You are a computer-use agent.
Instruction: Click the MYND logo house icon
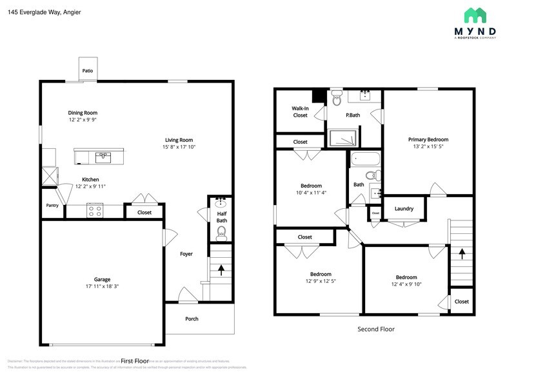pos(476,15)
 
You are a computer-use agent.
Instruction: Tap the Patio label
pos(87,71)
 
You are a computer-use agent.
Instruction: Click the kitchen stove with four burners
pos(95,209)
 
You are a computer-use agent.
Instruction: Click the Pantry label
pos(52,206)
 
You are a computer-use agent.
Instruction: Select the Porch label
pos(192,318)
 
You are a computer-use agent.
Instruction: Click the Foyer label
pos(186,254)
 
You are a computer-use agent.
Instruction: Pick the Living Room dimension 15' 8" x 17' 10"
pos(179,147)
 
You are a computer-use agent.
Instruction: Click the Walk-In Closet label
pos(300,112)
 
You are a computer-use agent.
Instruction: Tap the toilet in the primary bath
pos(336,99)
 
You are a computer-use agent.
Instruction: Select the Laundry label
pos(404,209)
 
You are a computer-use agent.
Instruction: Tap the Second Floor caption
pos(376,329)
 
